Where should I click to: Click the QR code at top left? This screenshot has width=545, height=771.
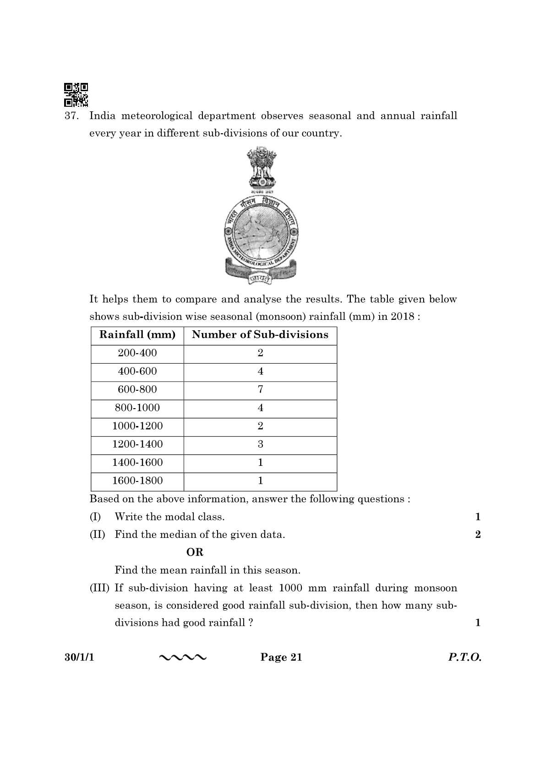click(x=76, y=94)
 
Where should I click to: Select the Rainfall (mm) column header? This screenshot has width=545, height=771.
click(x=137, y=335)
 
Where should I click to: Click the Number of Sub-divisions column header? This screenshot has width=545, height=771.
click(x=260, y=335)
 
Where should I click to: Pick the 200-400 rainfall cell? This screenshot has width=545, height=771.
click(x=137, y=353)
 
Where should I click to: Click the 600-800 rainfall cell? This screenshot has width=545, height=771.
click(x=137, y=390)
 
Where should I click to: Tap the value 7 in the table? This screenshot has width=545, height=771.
click(x=260, y=390)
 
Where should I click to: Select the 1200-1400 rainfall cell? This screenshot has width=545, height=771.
click(x=137, y=444)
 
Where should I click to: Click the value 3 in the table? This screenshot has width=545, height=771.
click(x=260, y=444)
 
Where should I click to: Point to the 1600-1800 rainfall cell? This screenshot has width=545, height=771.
click(x=137, y=481)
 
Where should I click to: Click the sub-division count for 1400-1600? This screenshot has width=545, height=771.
click(x=260, y=463)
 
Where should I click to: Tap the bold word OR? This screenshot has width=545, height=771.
click(x=195, y=552)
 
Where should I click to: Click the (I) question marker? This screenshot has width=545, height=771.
click(x=95, y=517)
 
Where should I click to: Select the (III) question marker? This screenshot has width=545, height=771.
click(x=99, y=588)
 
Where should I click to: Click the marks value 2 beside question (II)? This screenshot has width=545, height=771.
click(x=478, y=535)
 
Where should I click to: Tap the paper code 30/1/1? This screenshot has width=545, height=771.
click(x=79, y=657)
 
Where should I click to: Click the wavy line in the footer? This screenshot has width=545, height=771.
click(x=183, y=658)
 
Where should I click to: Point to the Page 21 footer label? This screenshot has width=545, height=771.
click(x=281, y=657)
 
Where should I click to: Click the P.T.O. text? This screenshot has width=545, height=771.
click(x=464, y=657)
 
